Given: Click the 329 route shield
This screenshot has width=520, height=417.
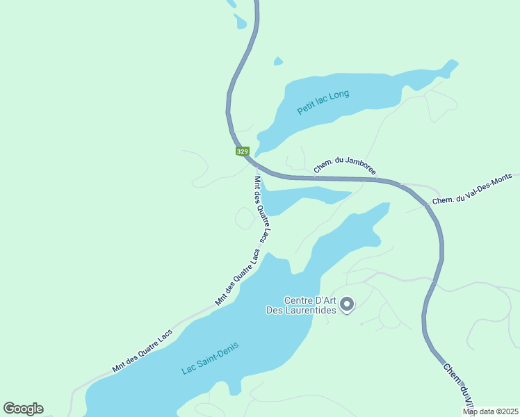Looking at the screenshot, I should [x=242, y=152].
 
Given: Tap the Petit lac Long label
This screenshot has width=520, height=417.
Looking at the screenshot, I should [x=323, y=103].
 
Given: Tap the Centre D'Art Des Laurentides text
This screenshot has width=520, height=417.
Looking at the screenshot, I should [x=302, y=306].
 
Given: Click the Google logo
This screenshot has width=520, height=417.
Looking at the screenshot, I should [x=23, y=409].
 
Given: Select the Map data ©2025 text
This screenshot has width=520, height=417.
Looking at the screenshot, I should [x=490, y=411].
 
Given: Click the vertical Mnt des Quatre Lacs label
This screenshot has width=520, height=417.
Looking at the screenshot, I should [x=263, y=208].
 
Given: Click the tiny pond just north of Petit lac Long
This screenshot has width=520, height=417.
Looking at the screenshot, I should [x=278, y=61].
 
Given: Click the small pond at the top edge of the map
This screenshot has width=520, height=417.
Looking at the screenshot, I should [x=241, y=22].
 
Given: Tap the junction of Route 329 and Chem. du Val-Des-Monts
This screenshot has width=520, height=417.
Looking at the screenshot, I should [x=425, y=205].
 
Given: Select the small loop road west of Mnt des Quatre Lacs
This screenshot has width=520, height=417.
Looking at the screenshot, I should [x=244, y=218].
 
